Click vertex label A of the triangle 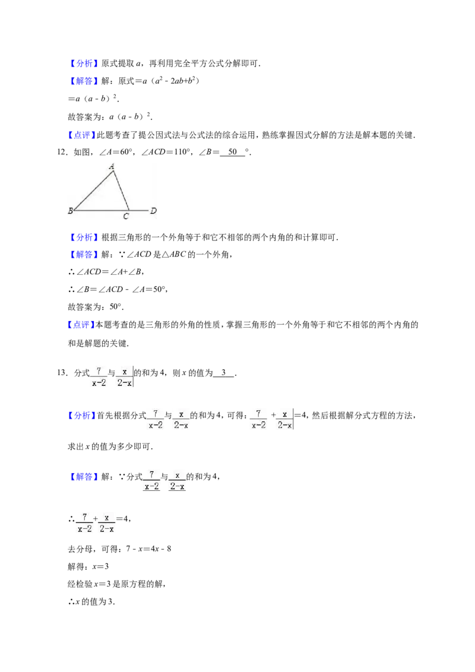tap(112, 166)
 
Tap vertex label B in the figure tap(71, 211)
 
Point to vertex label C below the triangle tap(126, 217)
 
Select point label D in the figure tap(153, 210)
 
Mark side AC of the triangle tap(121, 191)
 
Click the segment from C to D tap(138, 210)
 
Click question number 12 tap(62, 152)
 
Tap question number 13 tap(62, 373)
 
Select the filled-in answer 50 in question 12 tap(233, 152)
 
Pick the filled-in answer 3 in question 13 tap(224, 372)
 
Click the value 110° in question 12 tap(182, 152)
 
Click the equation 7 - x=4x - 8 tap(149, 549)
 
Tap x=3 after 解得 tap(101, 566)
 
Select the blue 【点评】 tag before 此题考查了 tap(81, 135)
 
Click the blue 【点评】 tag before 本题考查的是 tap(81, 325)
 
